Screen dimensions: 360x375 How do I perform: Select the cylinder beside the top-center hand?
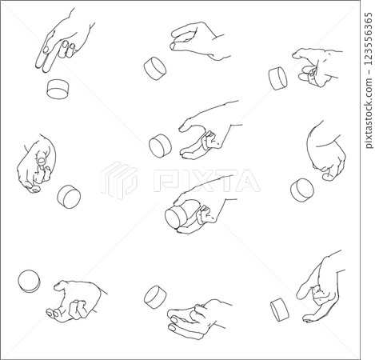click(x=154, y=68)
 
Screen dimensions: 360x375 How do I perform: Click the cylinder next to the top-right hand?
click(x=278, y=78)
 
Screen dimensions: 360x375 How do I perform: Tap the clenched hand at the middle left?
click(x=38, y=164)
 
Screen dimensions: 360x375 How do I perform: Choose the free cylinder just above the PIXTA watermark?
click(x=161, y=146)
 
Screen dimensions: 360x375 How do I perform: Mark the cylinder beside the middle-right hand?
click(x=302, y=189)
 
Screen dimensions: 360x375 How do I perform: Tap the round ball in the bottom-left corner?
click(x=29, y=280)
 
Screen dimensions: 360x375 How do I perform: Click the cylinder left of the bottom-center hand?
click(x=154, y=297)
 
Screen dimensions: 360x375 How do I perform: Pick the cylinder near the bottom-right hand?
click(x=279, y=309)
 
